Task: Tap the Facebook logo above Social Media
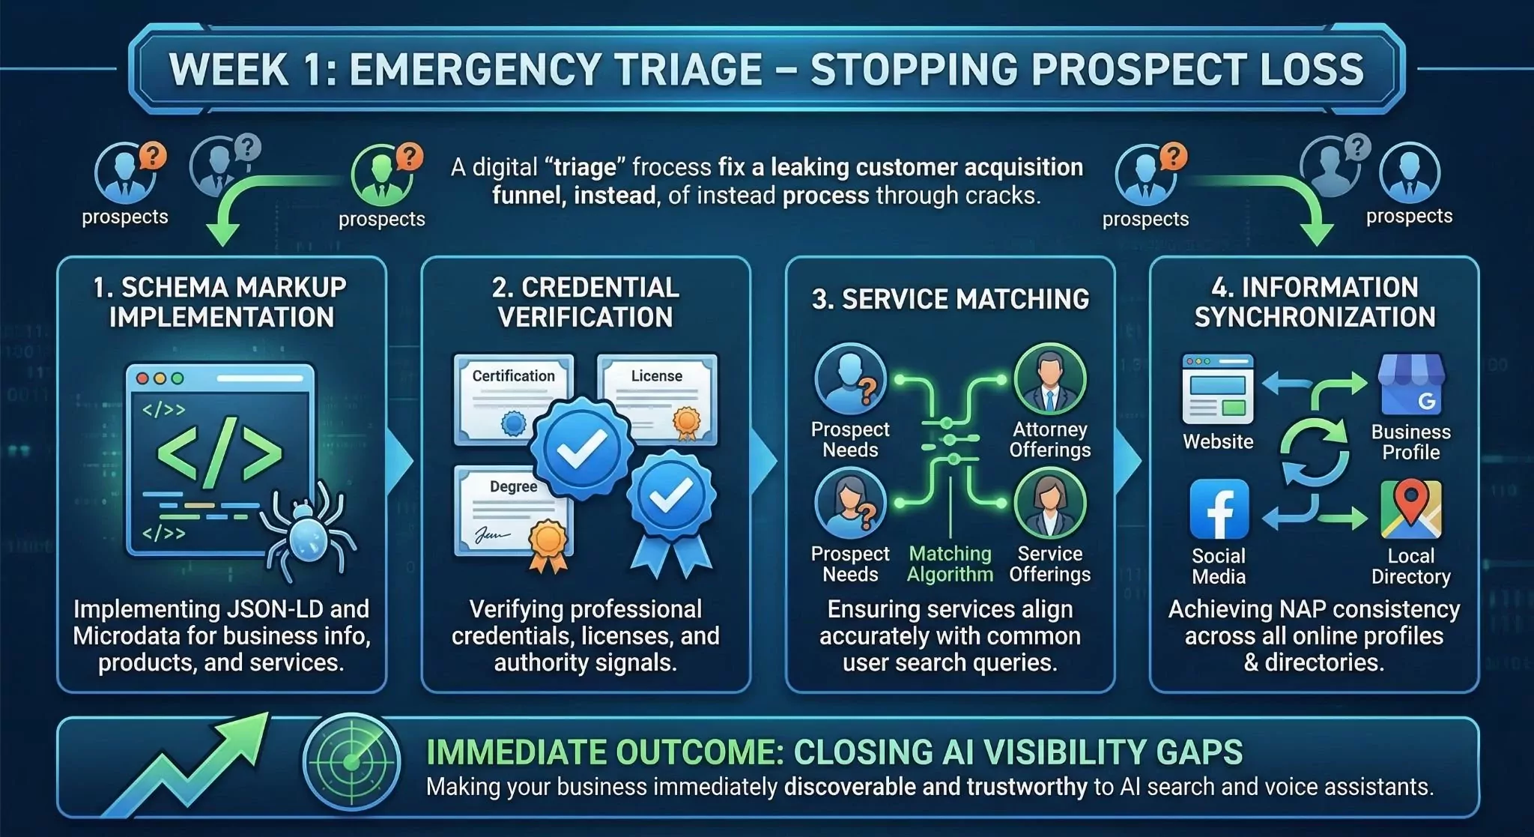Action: coord(1219,510)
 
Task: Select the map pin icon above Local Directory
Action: coord(1411,510)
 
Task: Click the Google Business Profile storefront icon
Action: coord(1411,385)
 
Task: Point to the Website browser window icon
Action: coord(1218,390)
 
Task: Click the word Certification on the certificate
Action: coord(513,376)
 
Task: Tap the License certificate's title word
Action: coord(656,376)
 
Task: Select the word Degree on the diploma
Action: coord(513,486)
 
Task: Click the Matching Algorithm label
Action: coord(950,564)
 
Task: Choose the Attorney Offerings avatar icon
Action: coord(1049,379)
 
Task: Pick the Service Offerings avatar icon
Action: coord(1049,504)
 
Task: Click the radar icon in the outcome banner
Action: coord(351,761)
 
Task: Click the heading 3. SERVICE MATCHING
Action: coord(950,300)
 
